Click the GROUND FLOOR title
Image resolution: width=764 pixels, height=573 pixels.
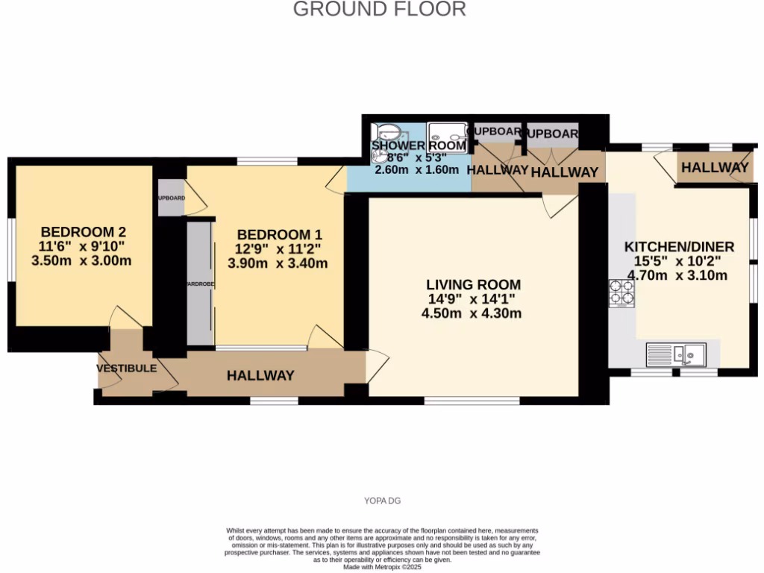point(379,10)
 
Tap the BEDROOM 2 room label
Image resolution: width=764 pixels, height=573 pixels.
point(82,231)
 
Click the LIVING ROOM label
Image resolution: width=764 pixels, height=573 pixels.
point(473,285)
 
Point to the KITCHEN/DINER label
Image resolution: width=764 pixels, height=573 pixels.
point(679,247)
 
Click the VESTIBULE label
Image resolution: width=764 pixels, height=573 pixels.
point(126,369)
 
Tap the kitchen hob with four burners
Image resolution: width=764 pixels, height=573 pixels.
point(621,292)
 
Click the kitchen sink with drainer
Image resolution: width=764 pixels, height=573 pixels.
point(676,354)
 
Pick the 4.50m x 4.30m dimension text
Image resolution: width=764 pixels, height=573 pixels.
point(473,313)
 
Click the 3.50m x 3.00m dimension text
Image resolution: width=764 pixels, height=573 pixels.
point(82,260)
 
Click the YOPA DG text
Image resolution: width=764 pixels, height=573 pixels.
point(381,501)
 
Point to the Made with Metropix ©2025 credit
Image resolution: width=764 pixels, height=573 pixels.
point(381,567)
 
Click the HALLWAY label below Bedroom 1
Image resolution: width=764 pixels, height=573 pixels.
point(260,375)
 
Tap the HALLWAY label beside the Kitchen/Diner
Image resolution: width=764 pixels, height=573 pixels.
point(715,169)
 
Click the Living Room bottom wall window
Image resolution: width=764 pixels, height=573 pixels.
point(472,401)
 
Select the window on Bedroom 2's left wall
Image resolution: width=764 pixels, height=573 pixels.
point(10,249)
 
